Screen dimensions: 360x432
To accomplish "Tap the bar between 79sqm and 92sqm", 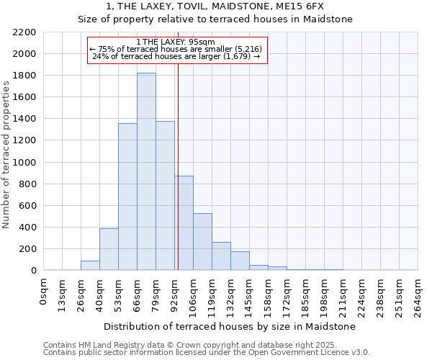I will (x=165, y=196).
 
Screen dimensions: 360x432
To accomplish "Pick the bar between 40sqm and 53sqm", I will (x=109, y=249).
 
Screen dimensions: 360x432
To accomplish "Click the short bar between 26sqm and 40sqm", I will (x=90, y=265).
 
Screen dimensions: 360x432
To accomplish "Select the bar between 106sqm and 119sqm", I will (x=202, y=242).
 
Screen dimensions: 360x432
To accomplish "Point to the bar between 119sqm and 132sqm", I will (x=221, y=256).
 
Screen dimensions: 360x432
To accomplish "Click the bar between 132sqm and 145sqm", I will (x=240, y=261).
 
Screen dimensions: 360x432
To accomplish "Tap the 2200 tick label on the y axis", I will (x=24, y=32).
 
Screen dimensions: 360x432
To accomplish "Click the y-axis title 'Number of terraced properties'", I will (x=6, y=155).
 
